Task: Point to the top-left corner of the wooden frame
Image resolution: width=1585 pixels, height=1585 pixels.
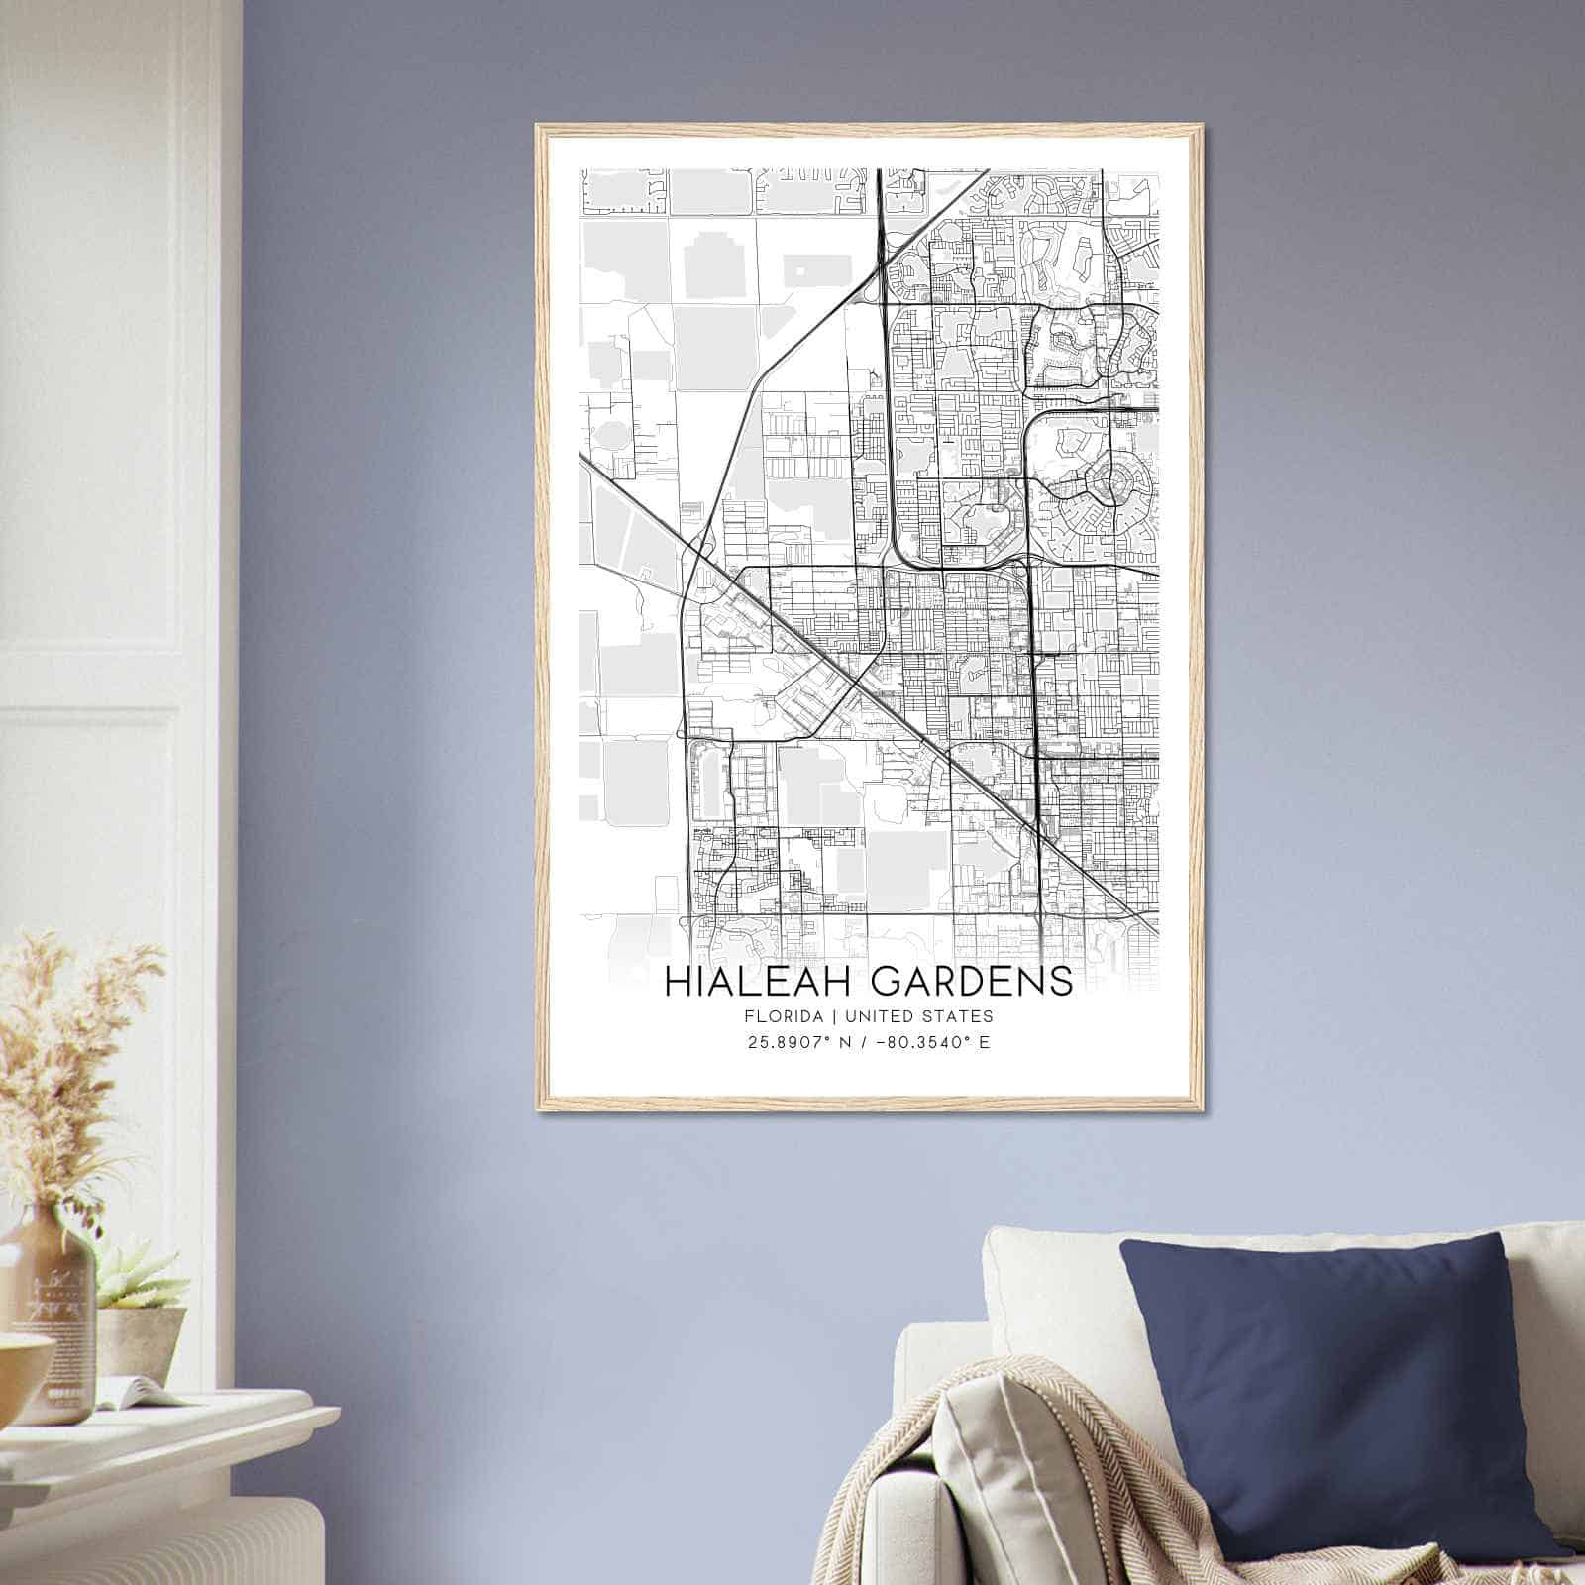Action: tap(539, 127)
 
